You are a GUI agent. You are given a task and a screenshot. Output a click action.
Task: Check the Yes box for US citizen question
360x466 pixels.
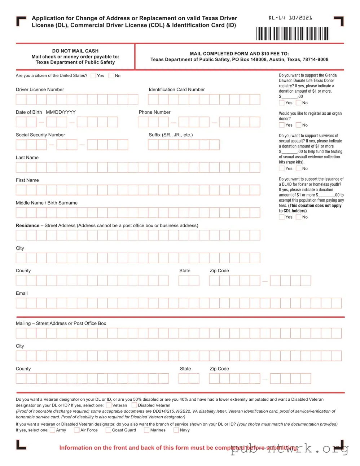pos(93,76)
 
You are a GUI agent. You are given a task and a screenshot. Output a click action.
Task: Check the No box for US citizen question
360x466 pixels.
pos(111,76)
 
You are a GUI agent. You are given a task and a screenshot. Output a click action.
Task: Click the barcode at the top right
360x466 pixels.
pos(293,34)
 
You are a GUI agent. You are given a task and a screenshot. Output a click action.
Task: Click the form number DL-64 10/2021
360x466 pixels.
pos(290,18)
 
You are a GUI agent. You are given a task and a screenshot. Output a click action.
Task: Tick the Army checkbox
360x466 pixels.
pos(53,430)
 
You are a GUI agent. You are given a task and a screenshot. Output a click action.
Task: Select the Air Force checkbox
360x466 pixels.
pos(76,430)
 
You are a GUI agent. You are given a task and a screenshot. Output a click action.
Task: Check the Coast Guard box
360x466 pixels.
pos(108,430)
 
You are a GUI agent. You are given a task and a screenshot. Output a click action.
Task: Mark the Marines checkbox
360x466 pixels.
pos(146,430)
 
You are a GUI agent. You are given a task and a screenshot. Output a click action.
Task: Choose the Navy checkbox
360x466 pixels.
pos(176,430)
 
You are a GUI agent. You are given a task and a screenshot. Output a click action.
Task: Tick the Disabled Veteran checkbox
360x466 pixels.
pos(134,405)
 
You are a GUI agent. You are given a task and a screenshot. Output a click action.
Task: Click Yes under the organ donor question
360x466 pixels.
pos(282,125)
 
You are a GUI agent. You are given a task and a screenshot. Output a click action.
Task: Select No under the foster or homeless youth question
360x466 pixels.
pos(299,217)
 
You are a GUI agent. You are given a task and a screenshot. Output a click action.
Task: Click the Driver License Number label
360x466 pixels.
pos(40,89)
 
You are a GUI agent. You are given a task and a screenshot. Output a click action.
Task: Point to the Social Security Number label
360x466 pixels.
pos(40,135)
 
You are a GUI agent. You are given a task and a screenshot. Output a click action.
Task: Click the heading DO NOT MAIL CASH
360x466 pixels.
pos(75,51)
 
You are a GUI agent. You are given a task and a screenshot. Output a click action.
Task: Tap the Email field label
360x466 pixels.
pos(22,293)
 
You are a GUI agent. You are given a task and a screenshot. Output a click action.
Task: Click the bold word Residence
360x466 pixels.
pos(27,225)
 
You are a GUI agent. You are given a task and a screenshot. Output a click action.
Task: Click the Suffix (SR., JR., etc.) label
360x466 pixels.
pos(171,135)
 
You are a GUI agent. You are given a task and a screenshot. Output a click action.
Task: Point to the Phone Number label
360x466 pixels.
pos(154,112)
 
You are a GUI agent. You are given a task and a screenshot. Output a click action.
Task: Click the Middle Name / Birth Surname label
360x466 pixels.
pos(47,203)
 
